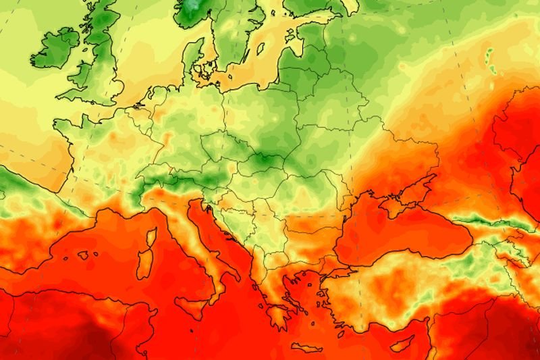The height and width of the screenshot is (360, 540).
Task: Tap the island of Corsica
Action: click(x=151, y=237)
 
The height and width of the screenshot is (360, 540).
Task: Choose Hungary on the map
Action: click(x=250, y=186)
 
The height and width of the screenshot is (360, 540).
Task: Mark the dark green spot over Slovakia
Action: click(x=260, y=162)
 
